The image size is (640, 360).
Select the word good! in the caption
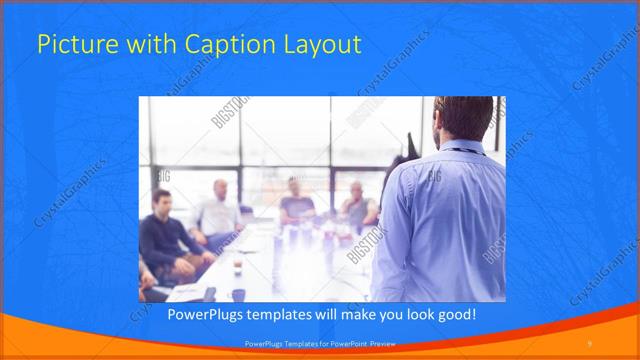[x=452, y=315]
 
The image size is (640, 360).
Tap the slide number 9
[x=590, y=344]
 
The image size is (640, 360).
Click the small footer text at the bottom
[x=320, y=344]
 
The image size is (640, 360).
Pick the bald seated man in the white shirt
[x=220, y=210]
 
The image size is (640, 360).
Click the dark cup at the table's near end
[x=238, y=294]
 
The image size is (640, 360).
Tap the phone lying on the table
[x=209, y=292]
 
